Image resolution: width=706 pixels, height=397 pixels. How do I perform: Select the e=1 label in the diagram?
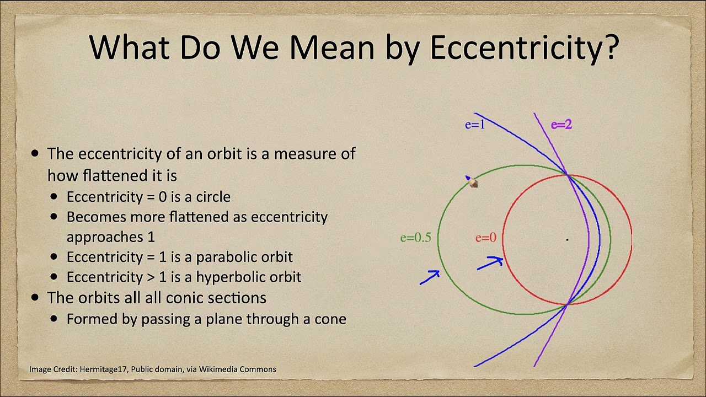pyautogui.click(x=475, y=125)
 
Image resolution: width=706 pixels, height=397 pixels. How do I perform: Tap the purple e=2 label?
pyautogui.click(x=561, y=125)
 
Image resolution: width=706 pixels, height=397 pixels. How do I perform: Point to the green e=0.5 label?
pyautogui.click(x=415, y=238)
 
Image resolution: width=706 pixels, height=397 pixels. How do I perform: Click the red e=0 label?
pyautogui.click(x=486, y=238)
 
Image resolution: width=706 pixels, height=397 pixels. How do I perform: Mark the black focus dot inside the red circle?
pyautogui.click(x=567, y=239)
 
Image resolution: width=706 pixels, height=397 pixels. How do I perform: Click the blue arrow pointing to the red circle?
pyautogui.click(x=490, y=263)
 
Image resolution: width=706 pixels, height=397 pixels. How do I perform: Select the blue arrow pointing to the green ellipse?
pyautogui.click(x=430, y=277)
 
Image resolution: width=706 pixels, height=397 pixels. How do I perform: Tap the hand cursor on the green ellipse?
pyautogui.click(x=472, y=183)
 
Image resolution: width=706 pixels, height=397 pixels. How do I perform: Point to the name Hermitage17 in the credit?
pyautogui.click(x=104, y=369)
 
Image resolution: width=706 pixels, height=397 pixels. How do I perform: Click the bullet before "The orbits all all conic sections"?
pyautogui.click(x=36, y=298)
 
